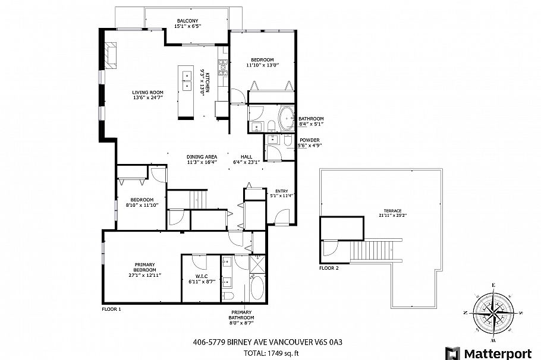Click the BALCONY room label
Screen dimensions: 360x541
click(187, 24)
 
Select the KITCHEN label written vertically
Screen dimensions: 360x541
click(206, 87)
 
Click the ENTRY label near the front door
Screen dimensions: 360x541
click(282, 192)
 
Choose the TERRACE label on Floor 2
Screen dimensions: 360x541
click(393, 213)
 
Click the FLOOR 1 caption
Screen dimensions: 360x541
click(112, 309)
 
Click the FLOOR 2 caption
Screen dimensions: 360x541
click(329, 268)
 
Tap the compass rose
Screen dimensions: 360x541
click(494, 312)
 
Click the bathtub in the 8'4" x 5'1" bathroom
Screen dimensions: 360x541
click(286, 118)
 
